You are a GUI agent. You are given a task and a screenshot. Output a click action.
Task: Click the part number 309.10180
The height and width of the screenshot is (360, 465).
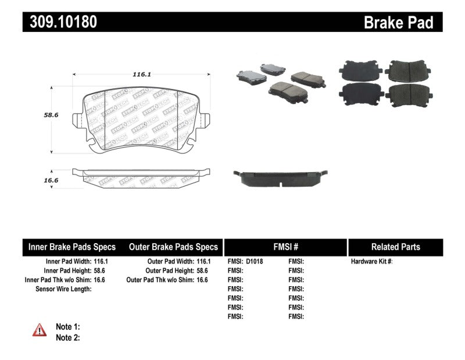pos(60,22)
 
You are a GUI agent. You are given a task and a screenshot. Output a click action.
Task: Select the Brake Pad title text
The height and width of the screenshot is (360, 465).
pos(399,23)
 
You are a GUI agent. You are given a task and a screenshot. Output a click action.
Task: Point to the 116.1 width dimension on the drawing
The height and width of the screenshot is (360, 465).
pos(141,74)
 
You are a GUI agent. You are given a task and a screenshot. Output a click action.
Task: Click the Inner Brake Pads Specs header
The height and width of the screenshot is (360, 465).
pos(72,247)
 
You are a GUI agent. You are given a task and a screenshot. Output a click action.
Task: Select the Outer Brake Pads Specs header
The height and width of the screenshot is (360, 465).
pos(173,247)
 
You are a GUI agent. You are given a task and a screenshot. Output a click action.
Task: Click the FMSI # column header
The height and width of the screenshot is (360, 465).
pos(285,247)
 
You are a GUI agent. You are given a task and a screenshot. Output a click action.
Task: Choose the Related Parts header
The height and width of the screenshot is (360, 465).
pos(395,247)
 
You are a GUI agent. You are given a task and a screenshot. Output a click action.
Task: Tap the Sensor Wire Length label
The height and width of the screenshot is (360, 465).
pos(63,289)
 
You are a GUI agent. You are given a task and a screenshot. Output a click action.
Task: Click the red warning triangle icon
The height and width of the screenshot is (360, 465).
pos(40,330)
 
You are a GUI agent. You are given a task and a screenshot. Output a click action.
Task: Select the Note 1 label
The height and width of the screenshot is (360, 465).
pos(67,327)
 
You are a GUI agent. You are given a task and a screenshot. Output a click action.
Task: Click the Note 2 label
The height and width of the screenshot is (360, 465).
pos(67,337)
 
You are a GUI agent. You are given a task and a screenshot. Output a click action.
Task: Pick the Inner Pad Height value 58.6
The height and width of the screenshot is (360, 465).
pos(101,271)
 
